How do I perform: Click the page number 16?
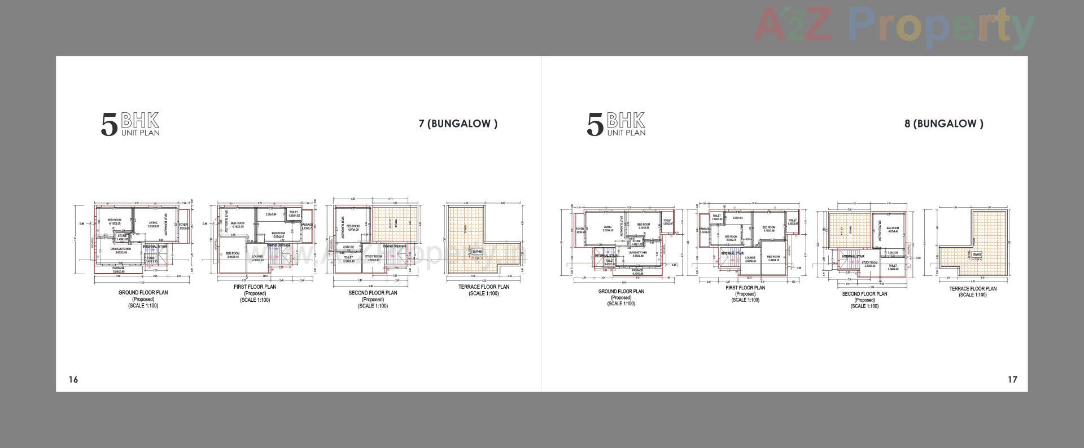point(73,379)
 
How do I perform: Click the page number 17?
point(1012,379)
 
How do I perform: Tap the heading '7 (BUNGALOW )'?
point(458,124)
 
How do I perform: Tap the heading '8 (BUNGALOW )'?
point(943,124)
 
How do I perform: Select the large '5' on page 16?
point(109,125)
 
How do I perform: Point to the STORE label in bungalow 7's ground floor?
point(123,236)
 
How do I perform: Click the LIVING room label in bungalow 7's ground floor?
point(153,223)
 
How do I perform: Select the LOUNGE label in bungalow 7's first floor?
point(257,257)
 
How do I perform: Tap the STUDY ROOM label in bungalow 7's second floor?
point(373,257)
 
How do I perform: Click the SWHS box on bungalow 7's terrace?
point(477,252)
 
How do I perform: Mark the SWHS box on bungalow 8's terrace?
point(977,255)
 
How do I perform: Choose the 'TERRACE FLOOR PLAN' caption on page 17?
point(973,289)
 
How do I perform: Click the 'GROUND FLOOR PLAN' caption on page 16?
point(143,293)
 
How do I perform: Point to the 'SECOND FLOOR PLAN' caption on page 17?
point(864,294)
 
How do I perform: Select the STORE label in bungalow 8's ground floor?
point(637,241)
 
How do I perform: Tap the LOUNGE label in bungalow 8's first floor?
point(750,258)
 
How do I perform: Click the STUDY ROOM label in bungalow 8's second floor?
point(869,263)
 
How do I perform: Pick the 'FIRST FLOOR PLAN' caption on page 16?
point(255,287)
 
